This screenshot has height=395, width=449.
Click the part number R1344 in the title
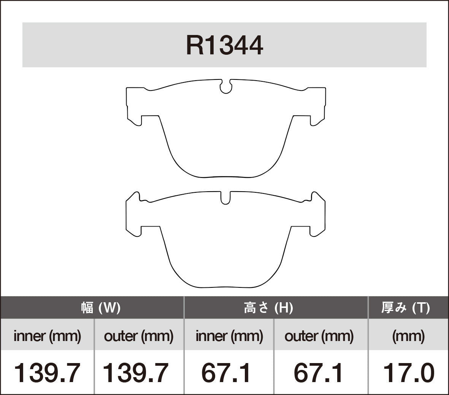(x=224, y=45)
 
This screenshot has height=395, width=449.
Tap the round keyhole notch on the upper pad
(x=226, y=87)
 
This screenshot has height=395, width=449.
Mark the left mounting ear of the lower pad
(x=134, y=215)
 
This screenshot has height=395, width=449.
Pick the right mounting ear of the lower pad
(x=317, y=215)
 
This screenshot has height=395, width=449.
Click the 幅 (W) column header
(x=101, y=308)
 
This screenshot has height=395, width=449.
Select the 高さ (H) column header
(x=268, y=308)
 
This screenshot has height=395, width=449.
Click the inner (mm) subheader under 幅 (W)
(x=48, y=336)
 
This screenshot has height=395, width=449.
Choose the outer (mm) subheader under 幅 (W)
(x=139, y=336)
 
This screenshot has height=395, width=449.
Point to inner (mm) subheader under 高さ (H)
(x=229, y=336)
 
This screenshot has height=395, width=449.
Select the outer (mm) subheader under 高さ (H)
(x=319, y=336)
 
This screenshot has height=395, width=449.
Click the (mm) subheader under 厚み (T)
(x=408, y=336)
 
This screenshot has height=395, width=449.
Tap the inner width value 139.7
(x=48, y=373)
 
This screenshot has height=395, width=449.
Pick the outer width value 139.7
(x=136, y=373)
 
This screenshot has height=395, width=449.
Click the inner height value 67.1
(x=226, y=373)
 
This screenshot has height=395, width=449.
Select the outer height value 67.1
(x=319, y=373)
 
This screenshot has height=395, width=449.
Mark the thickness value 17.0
(x=408, y=373)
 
